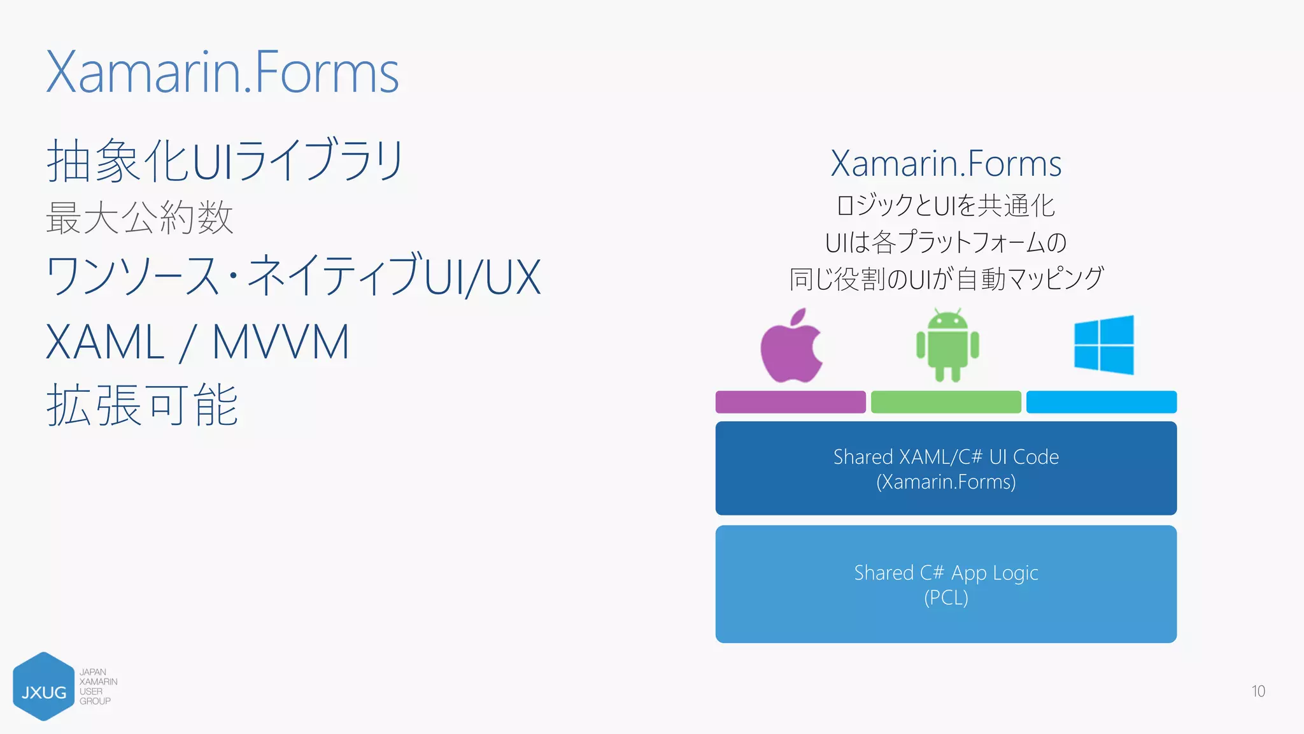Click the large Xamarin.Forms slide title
[x=222, y=73]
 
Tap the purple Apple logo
[x=791, y=347]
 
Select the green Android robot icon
[x=947, y=345]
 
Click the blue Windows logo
[x=1103, y=345]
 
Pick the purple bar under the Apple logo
[x=790, y=402]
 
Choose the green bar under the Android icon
[x=946, y=402]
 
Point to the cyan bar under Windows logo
[x=1101, y=402]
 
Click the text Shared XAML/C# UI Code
[x=946, y=457]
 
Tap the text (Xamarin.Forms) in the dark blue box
[x=946, y=482]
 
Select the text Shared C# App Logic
[x=946, y=573]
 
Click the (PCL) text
[x=946, y=598]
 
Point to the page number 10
[x=1258, y=691]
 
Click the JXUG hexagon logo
[x=43, y=687]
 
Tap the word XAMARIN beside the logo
[x=99, y=682]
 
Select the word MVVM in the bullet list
[x=280, y=343]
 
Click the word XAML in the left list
[x=105, y=343]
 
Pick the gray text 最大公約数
[x=139, y=218]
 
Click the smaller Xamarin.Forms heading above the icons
[x=946, y=164]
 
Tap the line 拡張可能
[x=142, y=405]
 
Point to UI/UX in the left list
[x=482, y=278]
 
